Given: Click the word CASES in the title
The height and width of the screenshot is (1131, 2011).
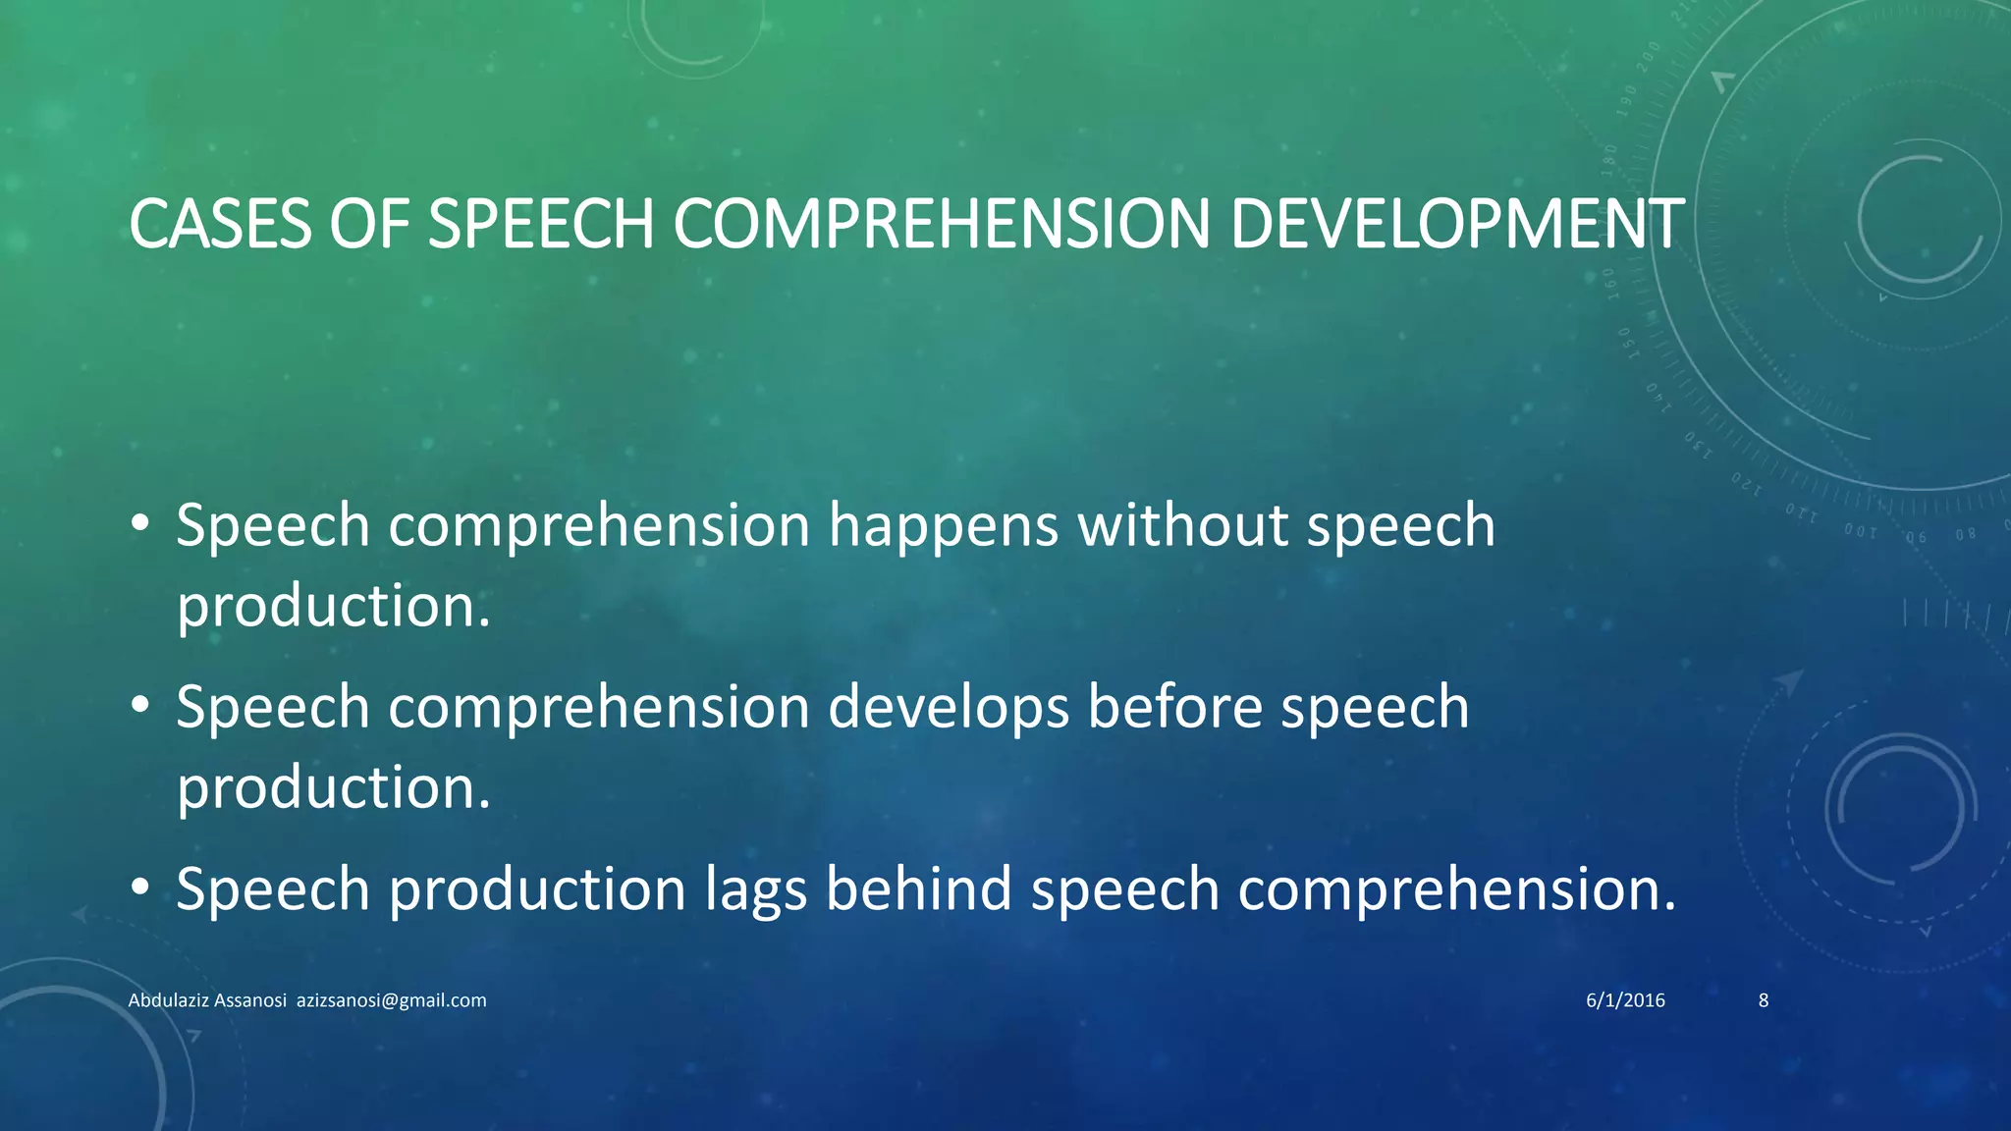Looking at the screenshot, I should pyautogui.click(x=220, y=224).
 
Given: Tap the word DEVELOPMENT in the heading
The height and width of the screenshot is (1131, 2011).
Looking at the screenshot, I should pyautogui.click(x=1456, y=224).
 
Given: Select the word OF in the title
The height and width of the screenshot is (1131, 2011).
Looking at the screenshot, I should pyautogui.click(x=368, y=224).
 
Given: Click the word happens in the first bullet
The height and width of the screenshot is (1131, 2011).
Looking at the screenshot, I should pyautogui.click(x=943, y=526).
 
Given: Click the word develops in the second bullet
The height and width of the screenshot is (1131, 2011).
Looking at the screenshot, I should pyautogui.click(x=948, y=708).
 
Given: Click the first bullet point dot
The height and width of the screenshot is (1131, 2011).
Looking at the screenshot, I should pyautogui.click(x=139, y=522).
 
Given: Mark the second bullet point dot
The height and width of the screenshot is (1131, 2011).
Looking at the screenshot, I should pyautogui.click(x=139, y=704).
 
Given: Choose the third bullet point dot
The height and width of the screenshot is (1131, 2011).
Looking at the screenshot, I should pyautogui.click(x=139, y=887).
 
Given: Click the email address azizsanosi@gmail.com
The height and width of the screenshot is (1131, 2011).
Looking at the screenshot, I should pyautogui.click(x=391, y=1000).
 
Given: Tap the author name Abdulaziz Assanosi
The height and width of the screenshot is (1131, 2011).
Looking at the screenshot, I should pyautogui.click(x=207, y=1000).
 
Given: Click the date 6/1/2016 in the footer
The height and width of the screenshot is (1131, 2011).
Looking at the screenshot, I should pyautogui.click(x=1625, y=1000).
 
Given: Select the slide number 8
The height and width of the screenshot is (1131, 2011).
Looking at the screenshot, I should pyautogui.click(x=1763, y=1000).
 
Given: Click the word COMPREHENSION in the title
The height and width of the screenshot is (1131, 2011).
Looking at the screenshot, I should pyautogui.click(x=941, y=224).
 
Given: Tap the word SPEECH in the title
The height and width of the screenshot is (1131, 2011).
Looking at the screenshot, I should pyautogui.click(x=541, y=224).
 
